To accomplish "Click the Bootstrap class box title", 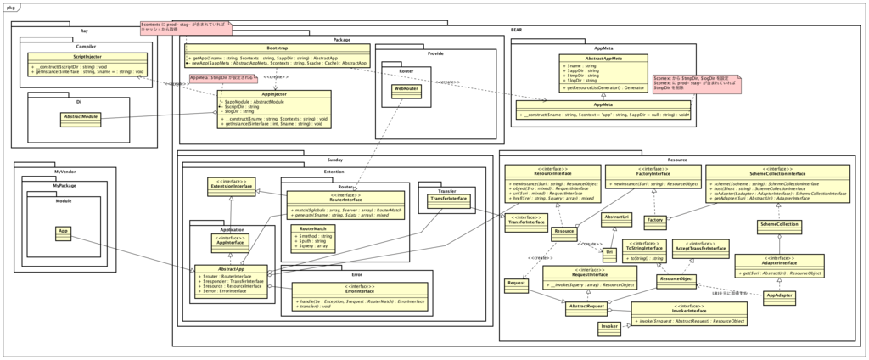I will pyautogui.click(x=277, y=48).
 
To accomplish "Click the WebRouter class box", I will pyautogui.click(x=405, y=88).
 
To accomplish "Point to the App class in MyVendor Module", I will pyautogui.click(x=63, y=231).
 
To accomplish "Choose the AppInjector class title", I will pyautogui.click(x=278, y=94).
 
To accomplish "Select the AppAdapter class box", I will pyautogui.click(x=778, y=295).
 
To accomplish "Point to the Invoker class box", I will pyautogui.click(x=609, y=325).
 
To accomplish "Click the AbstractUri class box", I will pyautogui.click(x=616, y=218).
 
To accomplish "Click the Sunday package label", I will pyautogui.click(x=334, y=160).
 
